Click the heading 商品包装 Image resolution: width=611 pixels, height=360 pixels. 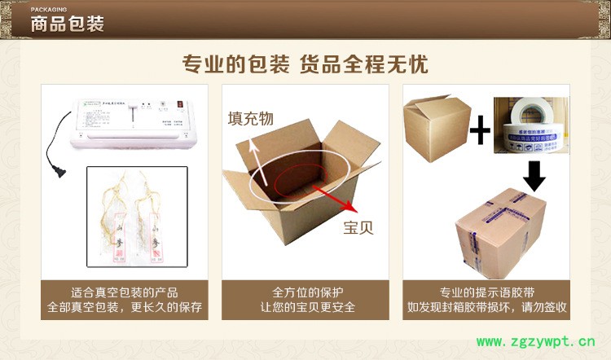point(67,24)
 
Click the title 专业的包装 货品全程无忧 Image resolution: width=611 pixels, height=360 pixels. point(305,64)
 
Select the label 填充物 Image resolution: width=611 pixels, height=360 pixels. point(250,120)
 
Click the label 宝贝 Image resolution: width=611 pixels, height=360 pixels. point(358,227)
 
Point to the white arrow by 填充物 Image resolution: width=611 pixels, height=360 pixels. point(257,155)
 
